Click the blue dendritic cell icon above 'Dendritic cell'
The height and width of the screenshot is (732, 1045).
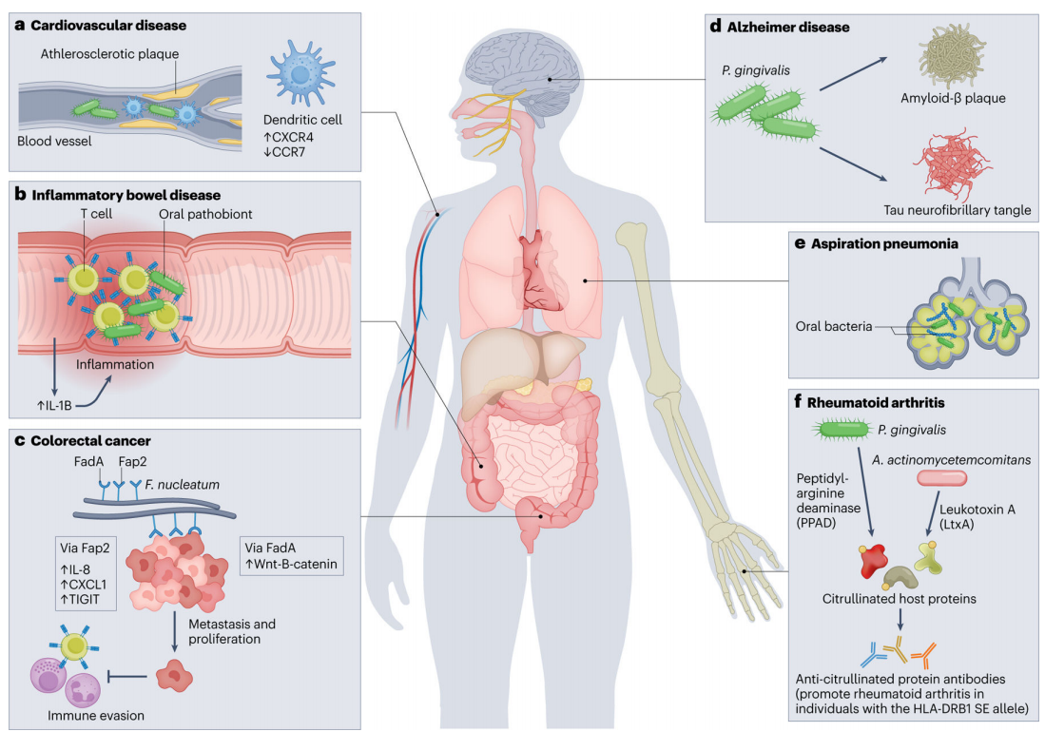(298, 67)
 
